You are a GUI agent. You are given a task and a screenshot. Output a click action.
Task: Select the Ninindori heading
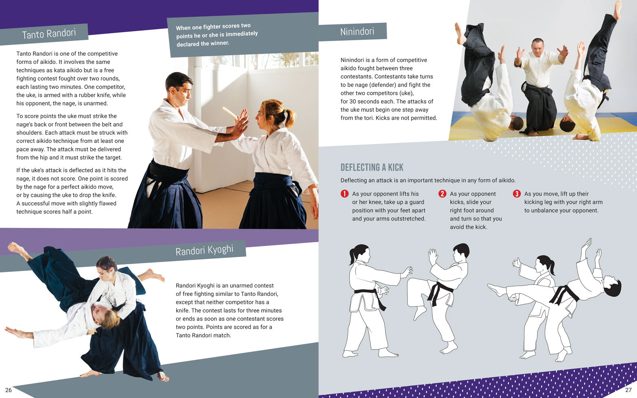(357, 32)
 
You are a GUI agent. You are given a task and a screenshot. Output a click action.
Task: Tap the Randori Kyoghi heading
(204, 250)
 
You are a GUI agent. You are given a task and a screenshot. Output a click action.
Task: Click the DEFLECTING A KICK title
(372, 167)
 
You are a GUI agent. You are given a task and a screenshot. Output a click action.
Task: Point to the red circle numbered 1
(344, 194)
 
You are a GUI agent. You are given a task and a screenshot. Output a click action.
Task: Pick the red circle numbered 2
(442, 194)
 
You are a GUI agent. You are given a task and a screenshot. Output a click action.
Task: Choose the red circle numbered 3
(517, 194)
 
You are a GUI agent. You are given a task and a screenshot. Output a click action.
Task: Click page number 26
(9, 390)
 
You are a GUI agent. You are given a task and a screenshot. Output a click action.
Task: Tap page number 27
(628, 390)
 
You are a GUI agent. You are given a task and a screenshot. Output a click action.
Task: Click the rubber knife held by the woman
(229, 112)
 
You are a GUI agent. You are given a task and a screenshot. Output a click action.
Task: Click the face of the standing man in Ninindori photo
(538, 47)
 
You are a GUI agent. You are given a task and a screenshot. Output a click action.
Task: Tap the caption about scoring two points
(217, 35)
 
